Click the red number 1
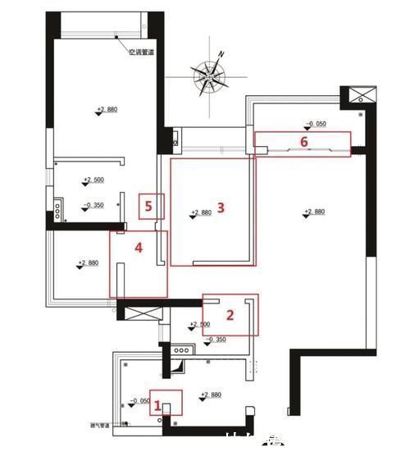click(160, 406)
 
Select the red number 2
click(230, 314)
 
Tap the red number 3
click(220, 207)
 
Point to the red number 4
click(139, 246)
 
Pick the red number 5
click(148, 206)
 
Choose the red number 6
click(303, 141)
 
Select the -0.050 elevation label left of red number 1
click(139, 402)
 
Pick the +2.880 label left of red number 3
click(201, 212)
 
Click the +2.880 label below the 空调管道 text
click(107, 109)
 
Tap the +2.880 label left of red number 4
click(88, 263)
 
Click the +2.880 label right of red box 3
click(314, 212)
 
